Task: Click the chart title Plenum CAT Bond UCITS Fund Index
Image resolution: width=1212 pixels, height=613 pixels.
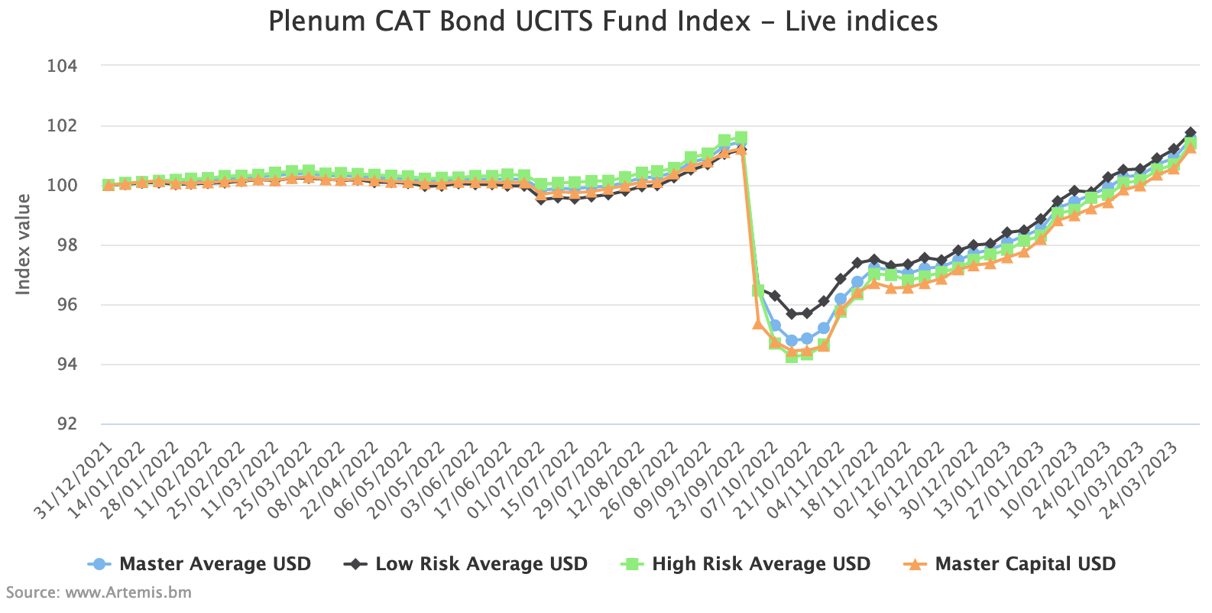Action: click(x=603, y=21)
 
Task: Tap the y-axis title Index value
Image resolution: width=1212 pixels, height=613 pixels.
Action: click(x=24, y=245)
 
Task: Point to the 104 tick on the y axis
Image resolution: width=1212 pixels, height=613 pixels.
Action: click(x=63, y=66)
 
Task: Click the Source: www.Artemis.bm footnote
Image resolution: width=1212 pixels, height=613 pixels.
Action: click(x=99, y=592)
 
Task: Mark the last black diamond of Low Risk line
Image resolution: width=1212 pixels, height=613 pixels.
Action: click(x=1191, y=132)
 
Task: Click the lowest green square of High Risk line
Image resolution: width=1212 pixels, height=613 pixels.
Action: click(x=792, y=355)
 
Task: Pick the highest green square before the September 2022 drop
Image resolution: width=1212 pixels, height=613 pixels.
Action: click(x=740, y=138)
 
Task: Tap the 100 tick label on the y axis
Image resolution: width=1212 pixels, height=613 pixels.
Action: click(x=63, y=186)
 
